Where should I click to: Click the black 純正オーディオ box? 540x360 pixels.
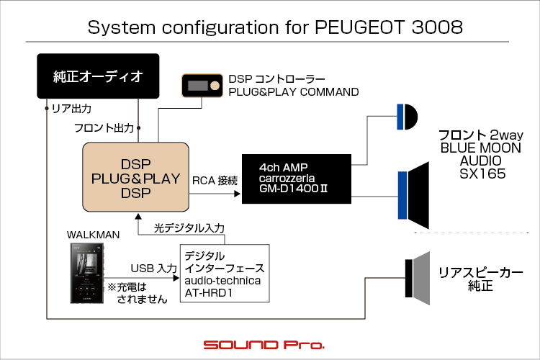click(98, 76)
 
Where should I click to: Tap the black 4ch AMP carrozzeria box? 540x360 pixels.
click(297, 179)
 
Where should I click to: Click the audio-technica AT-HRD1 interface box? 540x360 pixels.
click(224, 272)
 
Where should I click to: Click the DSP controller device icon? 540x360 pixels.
click(203, 86)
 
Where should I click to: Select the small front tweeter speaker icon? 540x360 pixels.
click(405, 117)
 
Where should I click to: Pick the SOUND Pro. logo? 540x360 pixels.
click(264, 344)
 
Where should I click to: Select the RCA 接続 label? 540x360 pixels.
click(215, 179)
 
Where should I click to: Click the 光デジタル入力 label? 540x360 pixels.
click(189, 228)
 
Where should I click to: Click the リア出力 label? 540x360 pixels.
click(71, 109)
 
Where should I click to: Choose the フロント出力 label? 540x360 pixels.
click(104, 128)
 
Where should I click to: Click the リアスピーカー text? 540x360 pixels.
click(480, 273)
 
